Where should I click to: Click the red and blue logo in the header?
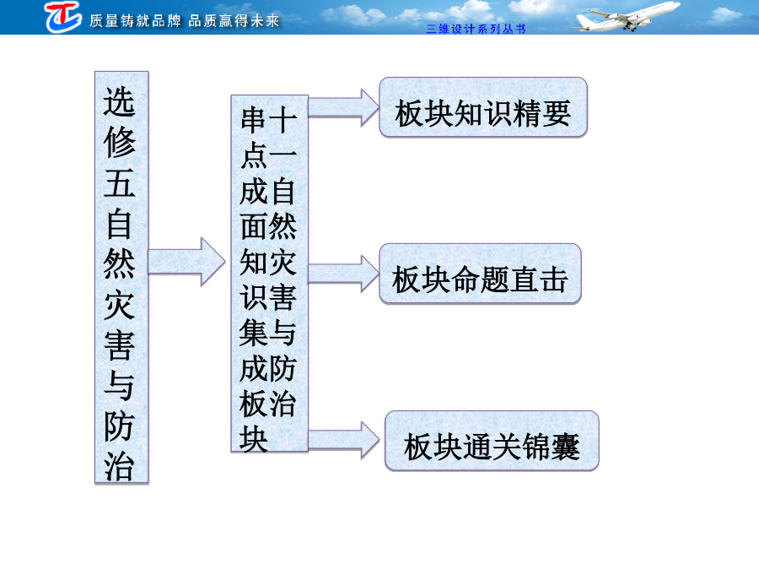(x=63, y=17)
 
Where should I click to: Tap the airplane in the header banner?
(x=626, y=17)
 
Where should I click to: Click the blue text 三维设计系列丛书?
(x=476, y=29)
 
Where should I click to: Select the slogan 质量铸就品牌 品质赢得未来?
(x=185, y=21)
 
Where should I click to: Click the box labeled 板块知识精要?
(x=483, y=107)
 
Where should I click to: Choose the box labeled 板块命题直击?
(x=480, y=274)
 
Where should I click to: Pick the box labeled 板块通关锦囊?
(x=492, y=441)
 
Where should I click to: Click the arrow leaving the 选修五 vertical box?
(x=186, y=262)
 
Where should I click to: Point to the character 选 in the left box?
(x=119, y=102)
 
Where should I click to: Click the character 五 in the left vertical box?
(x=119, y=183)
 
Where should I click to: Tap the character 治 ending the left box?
(x=119, y=466)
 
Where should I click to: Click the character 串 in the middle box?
(x=253, y=120)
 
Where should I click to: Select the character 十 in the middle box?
(x=283, y=120)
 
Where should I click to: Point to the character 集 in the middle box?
(x=253, y=334)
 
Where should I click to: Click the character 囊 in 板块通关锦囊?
(x=565, y=447)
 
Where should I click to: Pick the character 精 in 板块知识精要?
(x=526, y=113)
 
